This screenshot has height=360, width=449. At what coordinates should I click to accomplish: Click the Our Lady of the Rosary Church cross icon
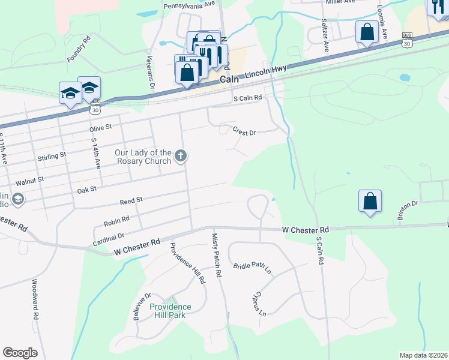click(180, 157)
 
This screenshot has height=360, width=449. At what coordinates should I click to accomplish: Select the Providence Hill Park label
click(171, 310)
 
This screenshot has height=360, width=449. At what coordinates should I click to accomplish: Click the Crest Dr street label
click(244, 131)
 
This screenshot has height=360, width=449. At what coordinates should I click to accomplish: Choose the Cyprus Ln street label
click(258, 305)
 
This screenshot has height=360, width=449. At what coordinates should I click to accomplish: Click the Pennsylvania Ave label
click(189, 4)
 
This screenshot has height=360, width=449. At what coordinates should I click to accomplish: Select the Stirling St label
click(51, 156)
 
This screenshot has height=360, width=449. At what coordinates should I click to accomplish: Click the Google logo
click(20, 353)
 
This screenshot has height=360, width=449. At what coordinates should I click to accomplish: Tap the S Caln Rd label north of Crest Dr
click(248, 97)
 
